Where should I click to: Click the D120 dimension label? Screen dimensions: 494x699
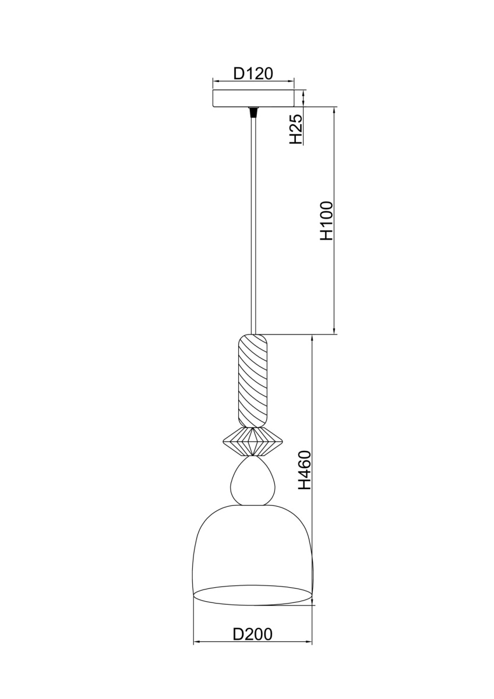click(x=253, y=74)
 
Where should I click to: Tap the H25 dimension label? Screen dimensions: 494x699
click(x=296, y=129)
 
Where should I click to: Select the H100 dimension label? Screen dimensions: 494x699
click(x=327, y=221)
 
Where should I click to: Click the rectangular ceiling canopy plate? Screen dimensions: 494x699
click(x=253, y=98)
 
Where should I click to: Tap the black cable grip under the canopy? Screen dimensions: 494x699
click(x=253, y=112)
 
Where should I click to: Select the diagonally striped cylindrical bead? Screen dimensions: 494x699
click(x=253, y=380)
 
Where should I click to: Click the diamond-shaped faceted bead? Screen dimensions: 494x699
click(x=253, y=441)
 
